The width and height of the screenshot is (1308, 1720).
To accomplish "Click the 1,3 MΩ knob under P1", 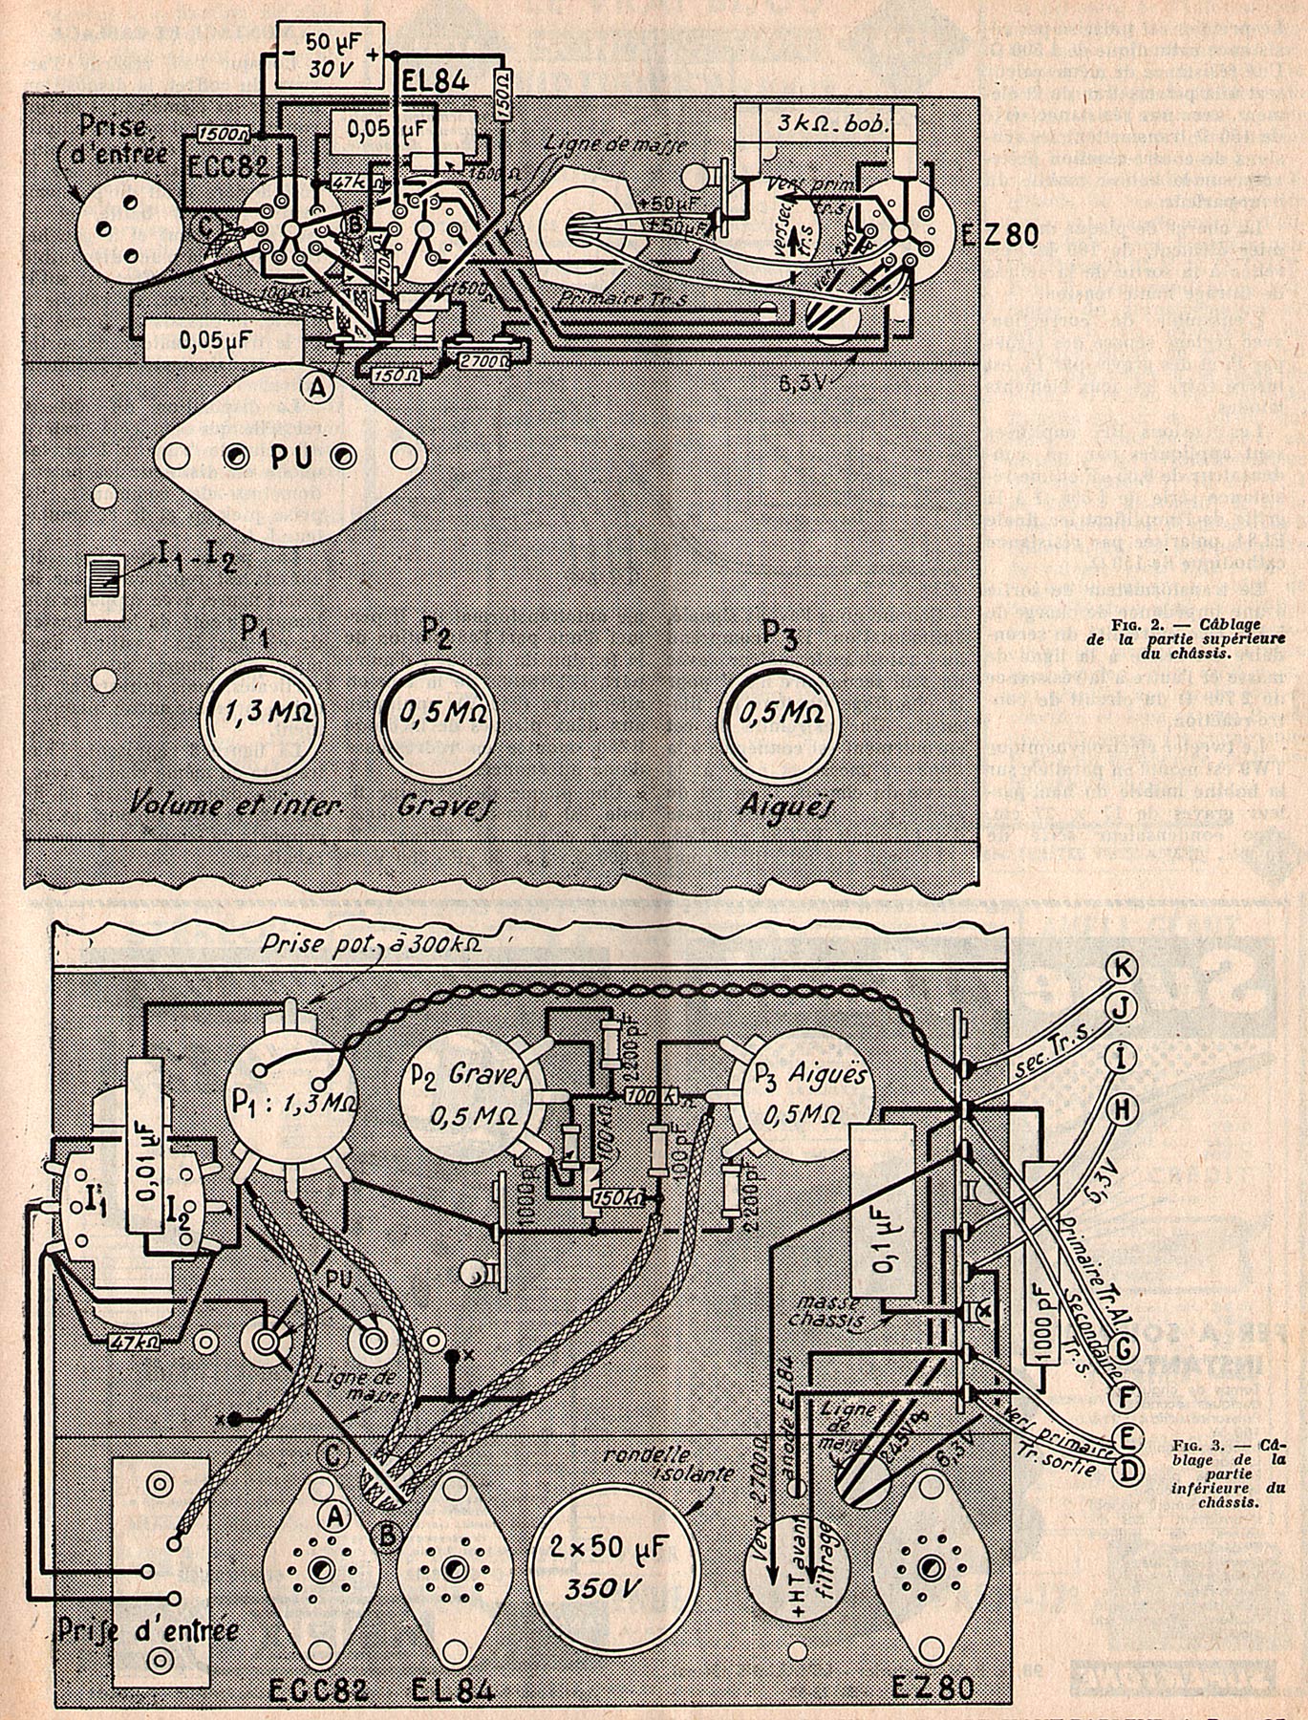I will point(261,714).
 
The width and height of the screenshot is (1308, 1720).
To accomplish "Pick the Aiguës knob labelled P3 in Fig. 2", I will point(784,714).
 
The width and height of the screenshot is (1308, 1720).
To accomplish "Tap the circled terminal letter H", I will point(1125,1108).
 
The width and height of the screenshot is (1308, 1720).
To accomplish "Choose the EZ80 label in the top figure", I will point(997,239).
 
